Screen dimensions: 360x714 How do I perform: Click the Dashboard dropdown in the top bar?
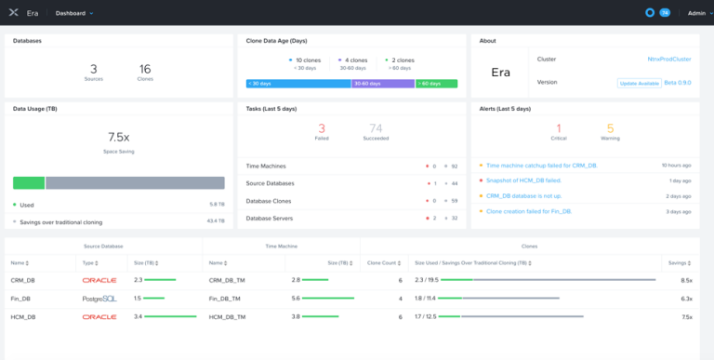coord(74,13)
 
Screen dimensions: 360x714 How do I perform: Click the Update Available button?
coord(639,83)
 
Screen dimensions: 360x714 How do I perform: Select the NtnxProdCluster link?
coord(670,59)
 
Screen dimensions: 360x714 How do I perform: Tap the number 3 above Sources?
coord(93,69)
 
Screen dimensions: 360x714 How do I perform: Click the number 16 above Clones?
coord(145,69)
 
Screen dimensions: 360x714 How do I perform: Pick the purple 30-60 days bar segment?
coord(383,84)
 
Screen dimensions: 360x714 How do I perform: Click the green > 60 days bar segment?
coord(436,84)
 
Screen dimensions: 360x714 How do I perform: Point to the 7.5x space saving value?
coord(118,137)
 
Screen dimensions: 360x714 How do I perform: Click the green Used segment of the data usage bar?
coord(29,183)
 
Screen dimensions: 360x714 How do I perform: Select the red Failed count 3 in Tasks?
coord(322,128)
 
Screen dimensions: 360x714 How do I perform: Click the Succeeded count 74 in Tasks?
coord(376,128)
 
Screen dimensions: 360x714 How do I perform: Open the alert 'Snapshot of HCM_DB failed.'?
coord(523,180)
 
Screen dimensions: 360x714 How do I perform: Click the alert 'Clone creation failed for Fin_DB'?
coord(528,211)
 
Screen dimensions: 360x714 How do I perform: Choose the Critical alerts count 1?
coord(559,128)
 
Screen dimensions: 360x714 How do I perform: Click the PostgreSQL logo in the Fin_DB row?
coord(99,298)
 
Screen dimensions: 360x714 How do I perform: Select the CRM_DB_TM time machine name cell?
coord(228,279)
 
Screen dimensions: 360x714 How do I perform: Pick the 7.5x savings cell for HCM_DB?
coord(686,316)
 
